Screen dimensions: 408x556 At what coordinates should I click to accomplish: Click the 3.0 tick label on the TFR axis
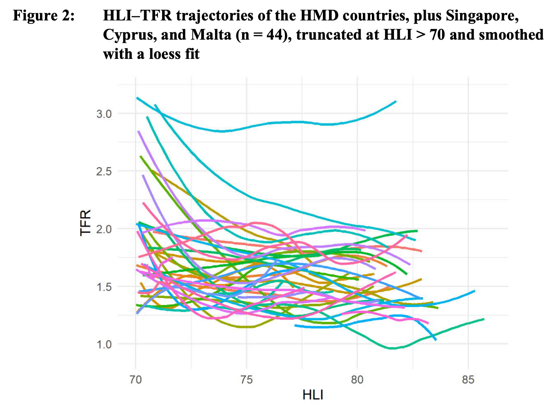(x=103, y=114)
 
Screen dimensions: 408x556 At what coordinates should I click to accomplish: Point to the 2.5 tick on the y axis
(x=103, y=171)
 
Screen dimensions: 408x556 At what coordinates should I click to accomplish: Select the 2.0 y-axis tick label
(x=103, y=229)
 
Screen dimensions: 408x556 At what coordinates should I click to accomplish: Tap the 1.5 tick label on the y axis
(x=103, y=287)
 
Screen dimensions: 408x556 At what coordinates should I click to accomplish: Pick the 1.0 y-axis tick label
(x=103, y=344)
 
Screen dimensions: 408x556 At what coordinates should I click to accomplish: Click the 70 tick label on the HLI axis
(x=136, y=380)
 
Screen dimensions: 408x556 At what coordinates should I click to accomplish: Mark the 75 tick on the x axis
(x=247, y=380)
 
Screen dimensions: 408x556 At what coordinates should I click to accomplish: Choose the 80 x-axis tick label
(x=357, y=380)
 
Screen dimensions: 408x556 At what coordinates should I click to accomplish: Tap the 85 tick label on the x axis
(x=468, y=380)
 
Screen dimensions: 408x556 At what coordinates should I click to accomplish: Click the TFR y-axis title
(x=86, y=222)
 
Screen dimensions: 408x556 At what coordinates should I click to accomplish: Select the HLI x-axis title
(x=313, y=395)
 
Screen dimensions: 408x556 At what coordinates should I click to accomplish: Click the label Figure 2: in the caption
(x=44, y=16)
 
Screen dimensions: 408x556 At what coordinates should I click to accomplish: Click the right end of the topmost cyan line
(x=396, y=101)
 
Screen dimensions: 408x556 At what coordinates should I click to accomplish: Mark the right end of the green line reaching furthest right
(x=484, y=319)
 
